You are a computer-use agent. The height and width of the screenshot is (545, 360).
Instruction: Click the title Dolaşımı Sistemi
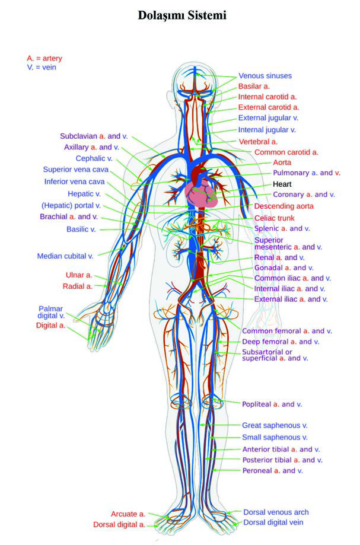(182, 15)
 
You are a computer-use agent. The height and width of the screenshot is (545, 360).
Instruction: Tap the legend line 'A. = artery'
(44, 58)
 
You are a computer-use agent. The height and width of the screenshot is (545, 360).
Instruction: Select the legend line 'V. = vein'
(42, 68)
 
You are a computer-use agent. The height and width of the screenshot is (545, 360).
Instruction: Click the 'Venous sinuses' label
(265, 76)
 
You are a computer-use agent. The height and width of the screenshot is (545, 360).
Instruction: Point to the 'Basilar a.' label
(254, 86)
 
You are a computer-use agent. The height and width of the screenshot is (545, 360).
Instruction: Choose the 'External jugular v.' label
(268, 118)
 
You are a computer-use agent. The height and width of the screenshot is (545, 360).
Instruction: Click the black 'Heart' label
(282, 184)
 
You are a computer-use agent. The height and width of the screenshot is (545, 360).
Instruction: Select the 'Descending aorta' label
(284, 206)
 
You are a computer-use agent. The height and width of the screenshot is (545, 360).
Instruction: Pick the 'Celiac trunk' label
(275, 218)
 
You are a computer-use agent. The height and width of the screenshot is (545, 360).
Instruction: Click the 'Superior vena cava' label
(76, 170)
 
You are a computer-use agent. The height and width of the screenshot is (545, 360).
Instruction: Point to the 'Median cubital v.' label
(65, 256)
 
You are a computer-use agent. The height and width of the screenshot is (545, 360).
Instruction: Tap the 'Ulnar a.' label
(79, 275)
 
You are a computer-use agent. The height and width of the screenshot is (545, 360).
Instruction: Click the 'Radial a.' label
(78, 286)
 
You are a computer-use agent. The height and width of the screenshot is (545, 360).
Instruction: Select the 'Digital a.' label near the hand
(51, 326)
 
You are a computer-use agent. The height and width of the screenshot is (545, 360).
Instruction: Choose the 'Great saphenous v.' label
(275, 425)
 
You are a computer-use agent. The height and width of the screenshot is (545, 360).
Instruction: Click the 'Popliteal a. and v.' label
(272, 404)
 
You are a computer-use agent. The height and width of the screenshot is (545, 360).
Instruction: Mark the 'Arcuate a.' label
(128, 514)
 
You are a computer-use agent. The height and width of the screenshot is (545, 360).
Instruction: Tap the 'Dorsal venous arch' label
(276, 512)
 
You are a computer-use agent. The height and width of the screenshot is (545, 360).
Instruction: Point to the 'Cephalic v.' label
(94, 158)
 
